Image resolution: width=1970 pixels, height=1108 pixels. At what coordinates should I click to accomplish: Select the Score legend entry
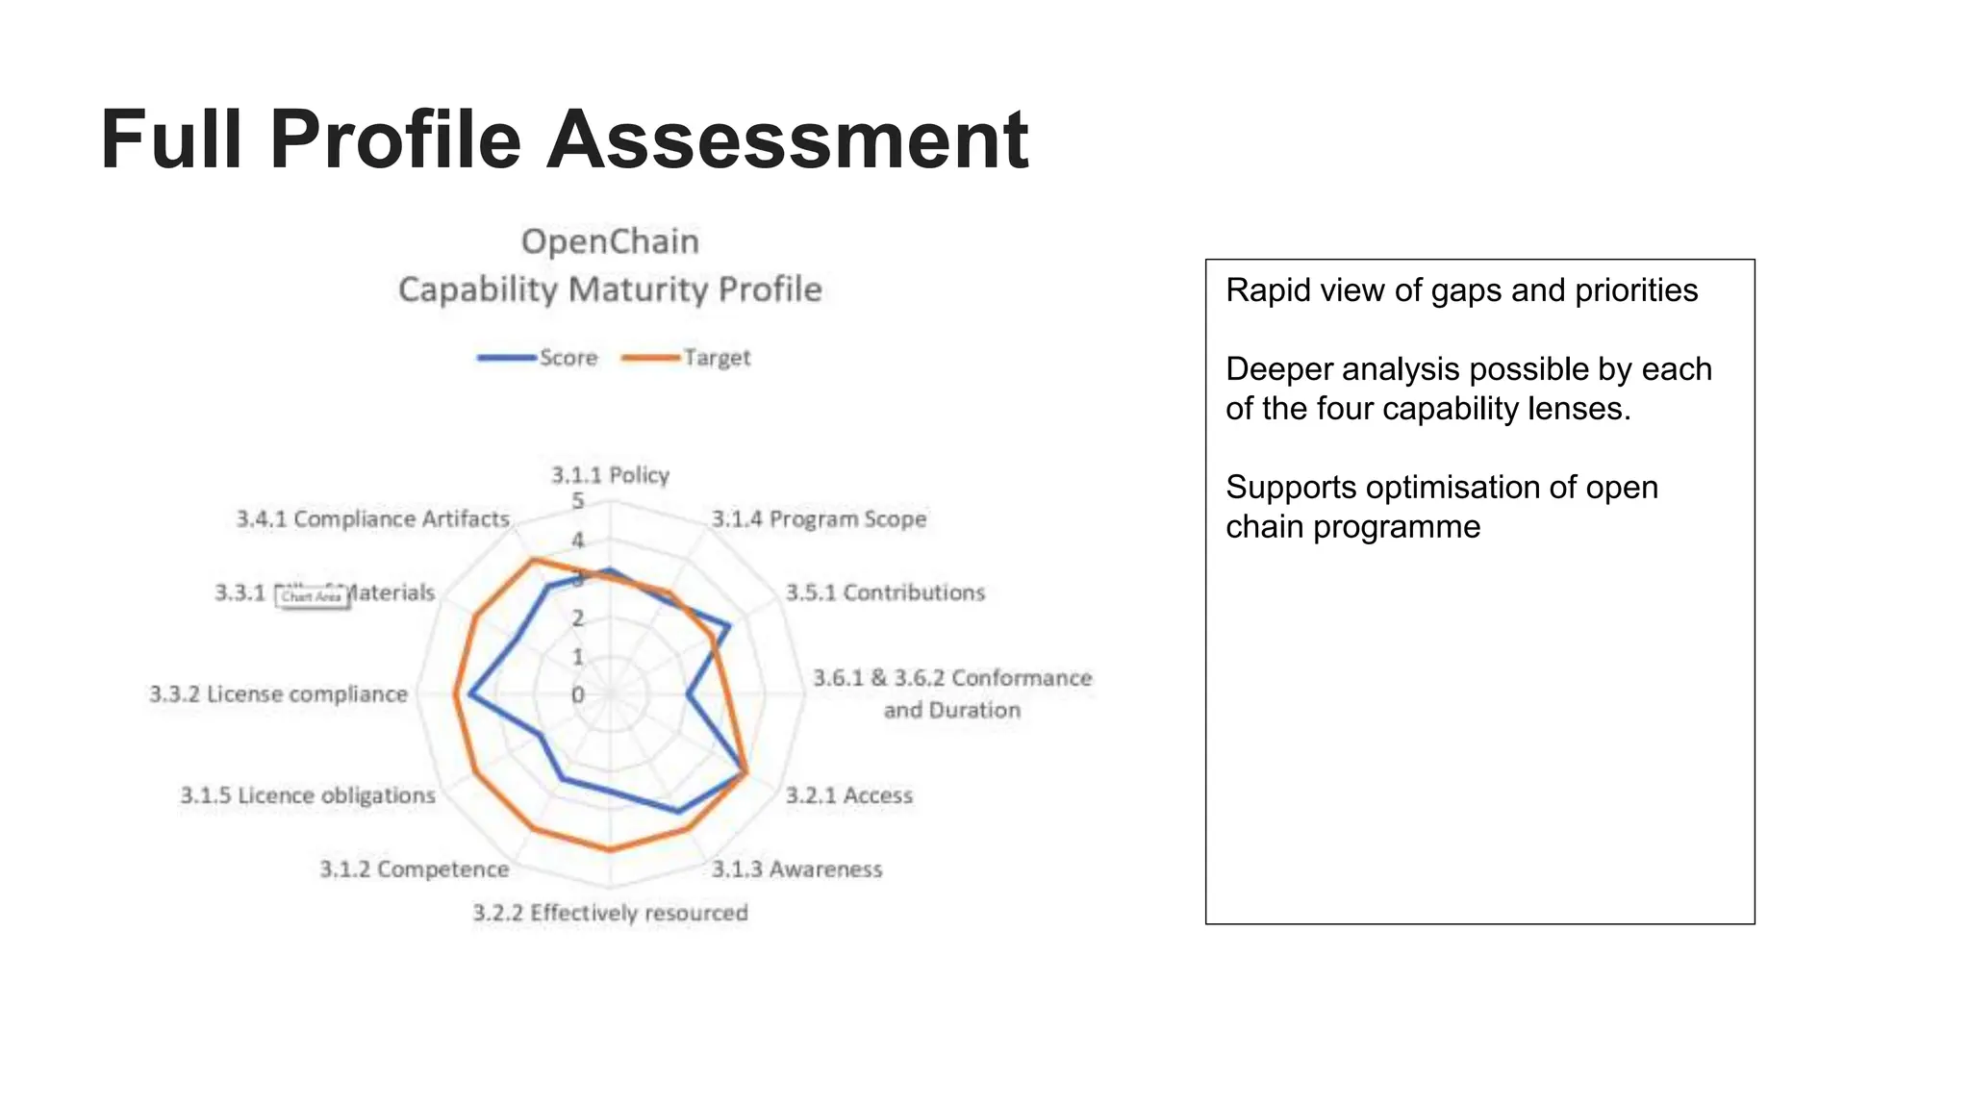point(539,358)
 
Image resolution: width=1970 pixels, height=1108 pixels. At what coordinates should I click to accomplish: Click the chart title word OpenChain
point(610,241)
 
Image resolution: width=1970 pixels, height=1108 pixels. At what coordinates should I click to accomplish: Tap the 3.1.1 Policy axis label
point(610,475)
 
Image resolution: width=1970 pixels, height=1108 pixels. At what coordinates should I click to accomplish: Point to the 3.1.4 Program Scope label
point(819,519)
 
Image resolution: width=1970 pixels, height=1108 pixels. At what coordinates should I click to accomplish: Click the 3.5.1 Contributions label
point(885,592)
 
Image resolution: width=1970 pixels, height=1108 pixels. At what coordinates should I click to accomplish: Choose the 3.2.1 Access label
point(848,795)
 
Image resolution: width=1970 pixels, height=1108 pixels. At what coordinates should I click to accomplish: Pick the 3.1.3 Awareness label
point(796,869)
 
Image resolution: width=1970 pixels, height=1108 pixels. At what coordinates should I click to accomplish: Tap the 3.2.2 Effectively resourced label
point(610,913)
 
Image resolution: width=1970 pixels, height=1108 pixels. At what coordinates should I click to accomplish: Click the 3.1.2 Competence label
point(415,869)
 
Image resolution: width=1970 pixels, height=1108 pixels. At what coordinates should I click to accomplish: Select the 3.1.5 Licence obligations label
point(308,795)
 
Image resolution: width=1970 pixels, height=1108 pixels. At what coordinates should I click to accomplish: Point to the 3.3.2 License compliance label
point(279,694)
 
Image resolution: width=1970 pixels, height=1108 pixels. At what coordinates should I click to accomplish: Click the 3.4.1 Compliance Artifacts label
point(373,519)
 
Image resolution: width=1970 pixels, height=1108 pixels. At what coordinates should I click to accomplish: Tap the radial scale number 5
point(578,500)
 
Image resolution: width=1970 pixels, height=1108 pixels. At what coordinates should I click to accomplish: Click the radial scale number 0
point(578,694)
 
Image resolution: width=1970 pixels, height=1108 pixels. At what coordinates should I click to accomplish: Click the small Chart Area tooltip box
point(312,596)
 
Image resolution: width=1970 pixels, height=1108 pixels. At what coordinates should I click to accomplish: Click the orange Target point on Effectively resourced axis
point(610,849)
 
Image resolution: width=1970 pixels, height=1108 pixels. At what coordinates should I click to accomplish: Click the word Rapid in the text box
point(1257,290)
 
